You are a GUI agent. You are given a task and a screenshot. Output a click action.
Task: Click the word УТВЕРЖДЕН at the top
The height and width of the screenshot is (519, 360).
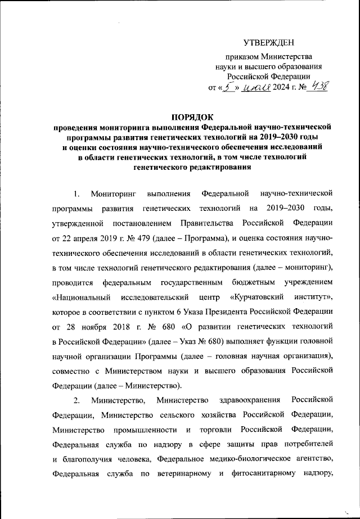(268, 43)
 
